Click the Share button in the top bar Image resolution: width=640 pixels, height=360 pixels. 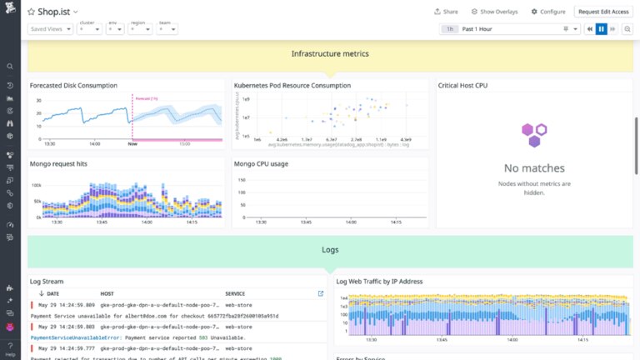coord(446,12)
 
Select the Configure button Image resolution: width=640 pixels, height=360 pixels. coord(547,12)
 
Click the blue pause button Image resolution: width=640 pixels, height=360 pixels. coord(601,28)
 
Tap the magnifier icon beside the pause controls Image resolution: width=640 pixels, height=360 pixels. coord(627,28)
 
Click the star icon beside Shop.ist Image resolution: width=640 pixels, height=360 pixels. coord(30,12)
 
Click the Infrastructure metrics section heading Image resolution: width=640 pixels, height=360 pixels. coord(330,53)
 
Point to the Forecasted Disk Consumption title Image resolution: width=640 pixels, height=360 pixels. coord(73,85)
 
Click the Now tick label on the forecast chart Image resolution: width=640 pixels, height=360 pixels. coord(132,143)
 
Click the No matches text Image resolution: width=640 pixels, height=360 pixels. coord(534,167)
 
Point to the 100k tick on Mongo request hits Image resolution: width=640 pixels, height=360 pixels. coord(37,184)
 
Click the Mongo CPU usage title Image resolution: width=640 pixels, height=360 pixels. coord(261,163)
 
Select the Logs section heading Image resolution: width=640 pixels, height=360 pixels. coord(330,249)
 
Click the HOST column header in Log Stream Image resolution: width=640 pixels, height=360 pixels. coord(107,293)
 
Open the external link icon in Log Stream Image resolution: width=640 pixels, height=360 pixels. coord(321,293)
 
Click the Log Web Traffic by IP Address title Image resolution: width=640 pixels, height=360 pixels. coord(380,281)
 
